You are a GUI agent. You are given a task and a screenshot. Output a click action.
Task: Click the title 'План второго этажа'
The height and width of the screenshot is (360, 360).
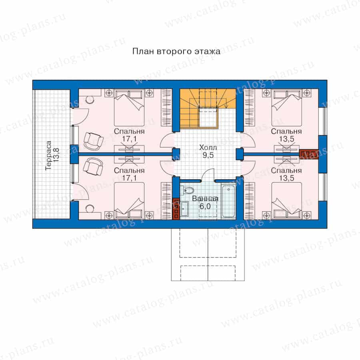pos(176,52)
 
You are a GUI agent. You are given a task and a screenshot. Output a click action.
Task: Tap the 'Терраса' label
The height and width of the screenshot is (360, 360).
pos(48,156)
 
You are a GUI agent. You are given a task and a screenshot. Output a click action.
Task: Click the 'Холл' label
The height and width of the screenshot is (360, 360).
pos(208,147)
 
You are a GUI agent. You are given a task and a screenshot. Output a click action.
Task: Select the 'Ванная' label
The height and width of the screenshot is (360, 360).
pos(205,198)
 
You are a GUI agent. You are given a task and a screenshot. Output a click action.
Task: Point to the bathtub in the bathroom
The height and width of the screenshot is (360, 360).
pos(228,201)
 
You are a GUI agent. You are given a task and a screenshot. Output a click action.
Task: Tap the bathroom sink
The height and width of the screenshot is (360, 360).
pos(184,209)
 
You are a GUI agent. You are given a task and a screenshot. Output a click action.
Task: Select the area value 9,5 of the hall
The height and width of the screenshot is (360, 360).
pos(208,155)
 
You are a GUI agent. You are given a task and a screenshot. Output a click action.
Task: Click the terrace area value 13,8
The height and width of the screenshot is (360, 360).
pos(56,156)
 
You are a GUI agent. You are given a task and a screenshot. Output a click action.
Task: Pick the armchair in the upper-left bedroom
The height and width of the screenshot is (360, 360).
pos(93,140)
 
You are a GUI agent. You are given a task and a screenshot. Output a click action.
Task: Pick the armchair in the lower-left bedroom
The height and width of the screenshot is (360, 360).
pos(93,166)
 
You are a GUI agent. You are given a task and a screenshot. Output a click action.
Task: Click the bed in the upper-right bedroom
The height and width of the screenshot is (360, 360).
pos(286,108)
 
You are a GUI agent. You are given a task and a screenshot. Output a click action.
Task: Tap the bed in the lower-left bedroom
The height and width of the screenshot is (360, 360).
pos(129,200)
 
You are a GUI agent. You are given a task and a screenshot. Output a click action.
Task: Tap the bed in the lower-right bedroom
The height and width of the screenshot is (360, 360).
pos(286,200)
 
